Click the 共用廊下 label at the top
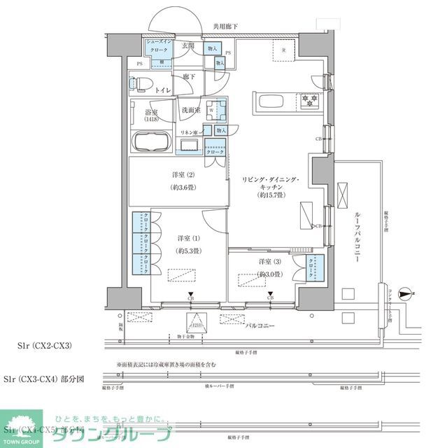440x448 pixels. tap(225, 27)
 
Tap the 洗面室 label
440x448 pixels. tap(191, 110)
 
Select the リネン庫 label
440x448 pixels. tap(189, 132)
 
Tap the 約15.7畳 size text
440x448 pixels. tap(269, 195)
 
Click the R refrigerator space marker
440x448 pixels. tap(283, 50)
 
